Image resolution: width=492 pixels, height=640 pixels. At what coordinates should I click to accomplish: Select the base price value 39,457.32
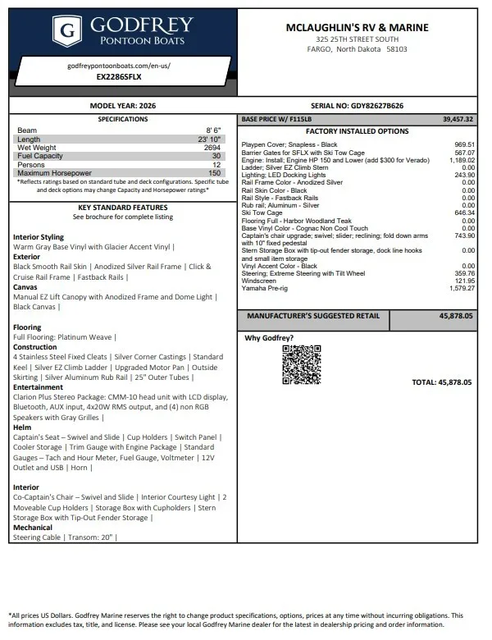click(x=458, y=119)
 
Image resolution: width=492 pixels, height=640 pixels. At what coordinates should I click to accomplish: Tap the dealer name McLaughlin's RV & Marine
click(x=357, y=27)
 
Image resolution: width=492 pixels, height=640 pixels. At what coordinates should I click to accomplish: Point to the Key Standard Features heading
click(x=122, y=208)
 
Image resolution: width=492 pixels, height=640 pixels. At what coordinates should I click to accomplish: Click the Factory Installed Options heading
click(x=357, y=131)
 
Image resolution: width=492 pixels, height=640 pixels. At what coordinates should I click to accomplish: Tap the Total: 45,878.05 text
click(x=441, y=382)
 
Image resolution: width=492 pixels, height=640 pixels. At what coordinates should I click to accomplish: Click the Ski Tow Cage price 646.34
click(x=464, y=213)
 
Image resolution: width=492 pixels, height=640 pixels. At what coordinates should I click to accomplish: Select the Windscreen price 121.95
click(x=464, y=281)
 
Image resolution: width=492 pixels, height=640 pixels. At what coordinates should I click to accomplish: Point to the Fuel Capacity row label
click(x=40, y=156)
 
